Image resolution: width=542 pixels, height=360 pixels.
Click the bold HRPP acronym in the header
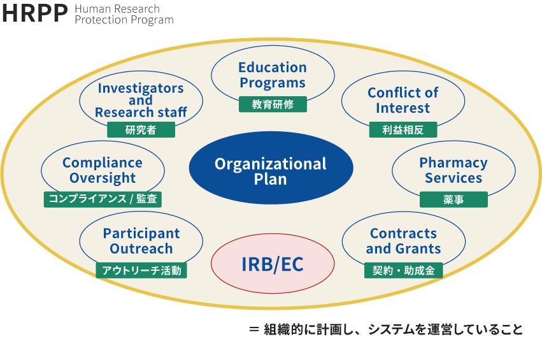[34, 14]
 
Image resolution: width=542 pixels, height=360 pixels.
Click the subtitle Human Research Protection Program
[124, 15]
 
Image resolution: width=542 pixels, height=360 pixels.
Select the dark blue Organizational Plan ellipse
[271, 168]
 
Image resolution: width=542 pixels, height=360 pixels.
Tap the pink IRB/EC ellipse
[273, 264]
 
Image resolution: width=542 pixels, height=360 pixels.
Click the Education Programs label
[273, 75]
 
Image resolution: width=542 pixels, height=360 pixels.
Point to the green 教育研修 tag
[273, 104]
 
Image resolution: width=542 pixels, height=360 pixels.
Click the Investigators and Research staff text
[141, 100]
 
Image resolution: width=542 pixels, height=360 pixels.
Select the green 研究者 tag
[141, 130]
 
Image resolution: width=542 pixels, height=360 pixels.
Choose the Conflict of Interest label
[403, 100]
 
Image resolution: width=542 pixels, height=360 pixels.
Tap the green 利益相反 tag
[403, 130]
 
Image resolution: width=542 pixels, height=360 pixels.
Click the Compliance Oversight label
[103, 170]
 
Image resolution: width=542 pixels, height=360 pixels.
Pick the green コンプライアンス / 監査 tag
[103, 199]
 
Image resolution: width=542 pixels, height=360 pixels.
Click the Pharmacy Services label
[453, 170]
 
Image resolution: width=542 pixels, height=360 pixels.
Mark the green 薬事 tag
[453, 199]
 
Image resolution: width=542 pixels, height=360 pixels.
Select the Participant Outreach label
[141, 241]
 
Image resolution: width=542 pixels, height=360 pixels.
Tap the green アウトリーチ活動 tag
[141, 270]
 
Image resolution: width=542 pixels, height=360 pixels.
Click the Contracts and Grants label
[403, 241]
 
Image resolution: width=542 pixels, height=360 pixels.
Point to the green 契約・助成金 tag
[403, 270]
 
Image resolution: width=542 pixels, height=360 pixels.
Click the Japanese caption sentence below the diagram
[394, 329]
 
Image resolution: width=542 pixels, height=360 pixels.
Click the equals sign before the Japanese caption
[254, 329]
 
